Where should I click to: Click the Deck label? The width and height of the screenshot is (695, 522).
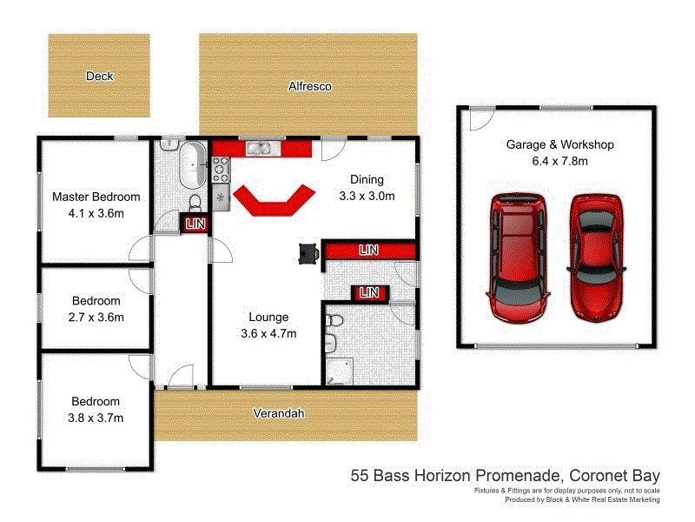pos(99,77)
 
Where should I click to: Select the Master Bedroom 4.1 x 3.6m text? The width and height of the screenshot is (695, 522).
pos(96,204)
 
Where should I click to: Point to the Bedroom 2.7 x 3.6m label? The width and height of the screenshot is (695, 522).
pos(96,310)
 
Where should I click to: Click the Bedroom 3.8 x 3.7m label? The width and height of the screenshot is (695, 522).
pos(96,410)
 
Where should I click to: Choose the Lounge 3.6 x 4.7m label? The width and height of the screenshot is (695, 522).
pos(268,325)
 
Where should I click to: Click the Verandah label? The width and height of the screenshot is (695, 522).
pos(279,414)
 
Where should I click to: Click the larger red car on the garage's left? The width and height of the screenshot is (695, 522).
pos(520,257)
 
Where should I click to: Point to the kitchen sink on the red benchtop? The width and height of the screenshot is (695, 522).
pos(260,148)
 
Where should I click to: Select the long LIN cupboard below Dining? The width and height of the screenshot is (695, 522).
pos(369,251)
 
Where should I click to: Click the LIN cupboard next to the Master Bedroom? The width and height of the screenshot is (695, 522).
pos(193,224)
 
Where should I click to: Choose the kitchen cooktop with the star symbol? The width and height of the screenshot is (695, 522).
pos(220,197)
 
